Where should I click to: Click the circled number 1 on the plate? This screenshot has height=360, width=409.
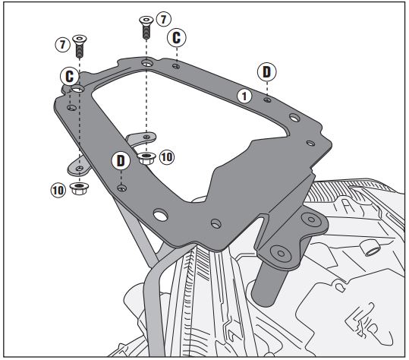tap(244, 96)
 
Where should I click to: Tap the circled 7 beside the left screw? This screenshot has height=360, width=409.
tap(62, 44)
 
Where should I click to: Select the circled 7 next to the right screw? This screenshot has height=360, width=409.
tap(164, 19)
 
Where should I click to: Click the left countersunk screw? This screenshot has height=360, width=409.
tap(80, 46)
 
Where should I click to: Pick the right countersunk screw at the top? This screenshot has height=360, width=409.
tap(146, 27)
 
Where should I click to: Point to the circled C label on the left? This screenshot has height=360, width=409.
tap(69, 77)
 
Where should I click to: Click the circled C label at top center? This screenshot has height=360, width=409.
tap(177, 37)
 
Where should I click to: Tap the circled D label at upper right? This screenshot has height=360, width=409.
tap(266, 72)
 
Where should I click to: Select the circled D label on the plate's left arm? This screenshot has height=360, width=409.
tap(121, 161)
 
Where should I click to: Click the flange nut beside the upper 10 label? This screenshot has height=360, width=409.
tap(146, 158)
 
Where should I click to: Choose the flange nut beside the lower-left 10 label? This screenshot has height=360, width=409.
tap(79, 188)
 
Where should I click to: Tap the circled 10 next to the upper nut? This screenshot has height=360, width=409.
tap(167, 157)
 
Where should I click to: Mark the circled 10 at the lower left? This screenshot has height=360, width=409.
tap(58, 190)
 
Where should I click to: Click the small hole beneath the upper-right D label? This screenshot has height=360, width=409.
tap(267, 99)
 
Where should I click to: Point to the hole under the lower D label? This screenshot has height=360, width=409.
tap(122, 188)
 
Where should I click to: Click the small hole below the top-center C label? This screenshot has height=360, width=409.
tap(176, 66)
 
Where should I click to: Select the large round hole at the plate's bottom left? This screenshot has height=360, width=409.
tap(161, 215)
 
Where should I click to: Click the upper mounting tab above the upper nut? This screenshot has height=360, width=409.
tap(142, 137)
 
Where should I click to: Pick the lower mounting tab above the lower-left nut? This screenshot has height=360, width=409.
tap(78, 167)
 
